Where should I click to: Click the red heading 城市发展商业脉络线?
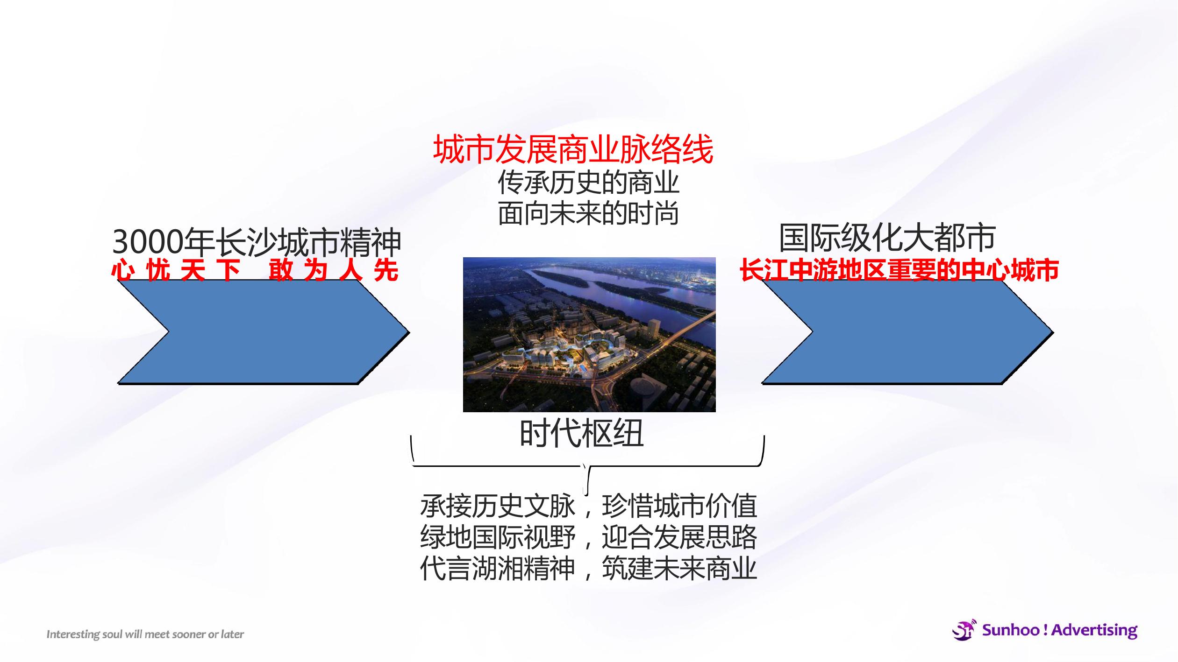click(573, 149)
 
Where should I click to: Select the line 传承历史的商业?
click(588, 183)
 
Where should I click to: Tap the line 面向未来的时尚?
click(588, 213)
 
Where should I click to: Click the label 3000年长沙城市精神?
click(257, 242)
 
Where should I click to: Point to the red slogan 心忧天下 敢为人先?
click(255, 270)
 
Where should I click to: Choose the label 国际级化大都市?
click(887, 238)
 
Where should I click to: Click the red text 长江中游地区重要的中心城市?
click(899, 270)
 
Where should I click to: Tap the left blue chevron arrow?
click(263, 331)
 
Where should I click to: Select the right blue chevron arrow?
click(907, 331)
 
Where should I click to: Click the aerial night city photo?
click(589, 334)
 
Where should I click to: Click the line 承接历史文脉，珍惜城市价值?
click(588, 506)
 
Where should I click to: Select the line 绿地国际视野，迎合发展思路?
click(588, 537)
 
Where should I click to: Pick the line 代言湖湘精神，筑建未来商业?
click(588, 568)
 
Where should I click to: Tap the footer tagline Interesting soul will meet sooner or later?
click(145, 634)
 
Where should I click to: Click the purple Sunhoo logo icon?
click(964, 630)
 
